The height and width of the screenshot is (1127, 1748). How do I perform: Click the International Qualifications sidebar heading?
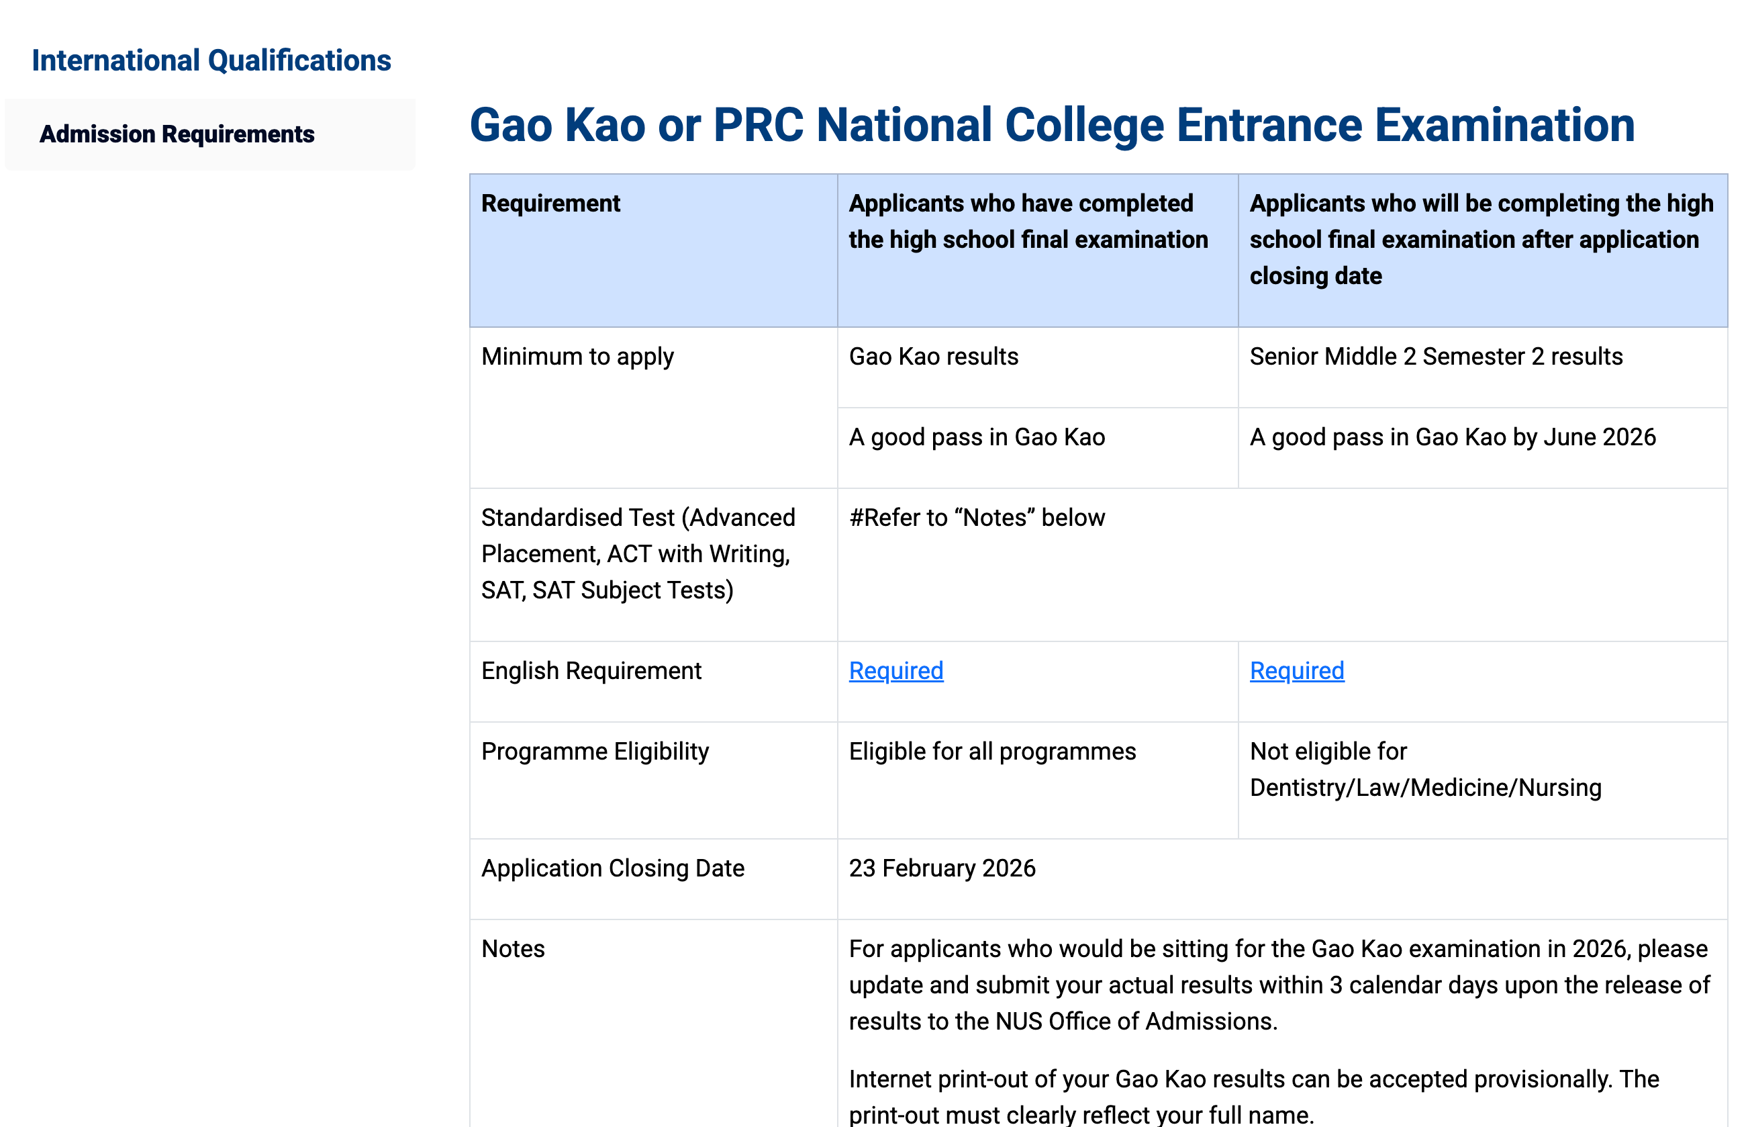pyautogui.click(x=211, y=60)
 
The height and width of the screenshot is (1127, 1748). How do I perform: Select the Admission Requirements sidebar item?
pyautogui.click(x=177, y=134)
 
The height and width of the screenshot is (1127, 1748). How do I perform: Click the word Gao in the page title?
pyautogui.click(x=510, y=125)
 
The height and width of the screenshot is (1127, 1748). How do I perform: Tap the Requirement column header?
pyautogui.click(x=550, y=204)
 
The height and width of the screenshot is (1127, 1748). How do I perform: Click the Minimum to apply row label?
pyautogui.click(x=577, y=357)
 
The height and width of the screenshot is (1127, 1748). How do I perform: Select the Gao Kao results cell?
pyautogui.click(x=933, y=357)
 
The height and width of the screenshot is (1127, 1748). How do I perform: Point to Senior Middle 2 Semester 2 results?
pyautogui.click(x=1436, y=357)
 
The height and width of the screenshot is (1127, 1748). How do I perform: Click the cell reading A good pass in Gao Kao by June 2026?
pyautogui.click(x=1453, y=437)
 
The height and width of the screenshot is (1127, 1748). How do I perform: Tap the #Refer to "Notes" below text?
pyautogui.click(x=977, y=517)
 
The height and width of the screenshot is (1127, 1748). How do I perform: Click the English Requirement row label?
pyautogui.click(x=591, y=670)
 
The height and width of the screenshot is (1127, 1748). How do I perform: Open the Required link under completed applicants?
pyautogui.click(x=896, y=670)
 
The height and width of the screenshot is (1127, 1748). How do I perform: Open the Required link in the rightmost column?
pyautogui.click(x=1297, y=670)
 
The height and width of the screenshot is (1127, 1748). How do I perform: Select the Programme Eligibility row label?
pyautogui.click(x=595, y=751)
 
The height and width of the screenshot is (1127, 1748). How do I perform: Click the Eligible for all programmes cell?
pyautogui.click(x=991, y=751)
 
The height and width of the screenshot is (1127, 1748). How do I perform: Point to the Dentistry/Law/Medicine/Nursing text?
pyautogui.click(x=1426, y=787)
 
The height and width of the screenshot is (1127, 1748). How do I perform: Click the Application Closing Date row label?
pyautogui.click(x=612, y=868)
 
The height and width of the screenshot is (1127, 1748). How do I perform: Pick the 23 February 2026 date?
pyautogui.click(x=942, y=868)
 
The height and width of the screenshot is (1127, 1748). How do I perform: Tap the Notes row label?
pyautogui.click(x=513, y=948)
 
